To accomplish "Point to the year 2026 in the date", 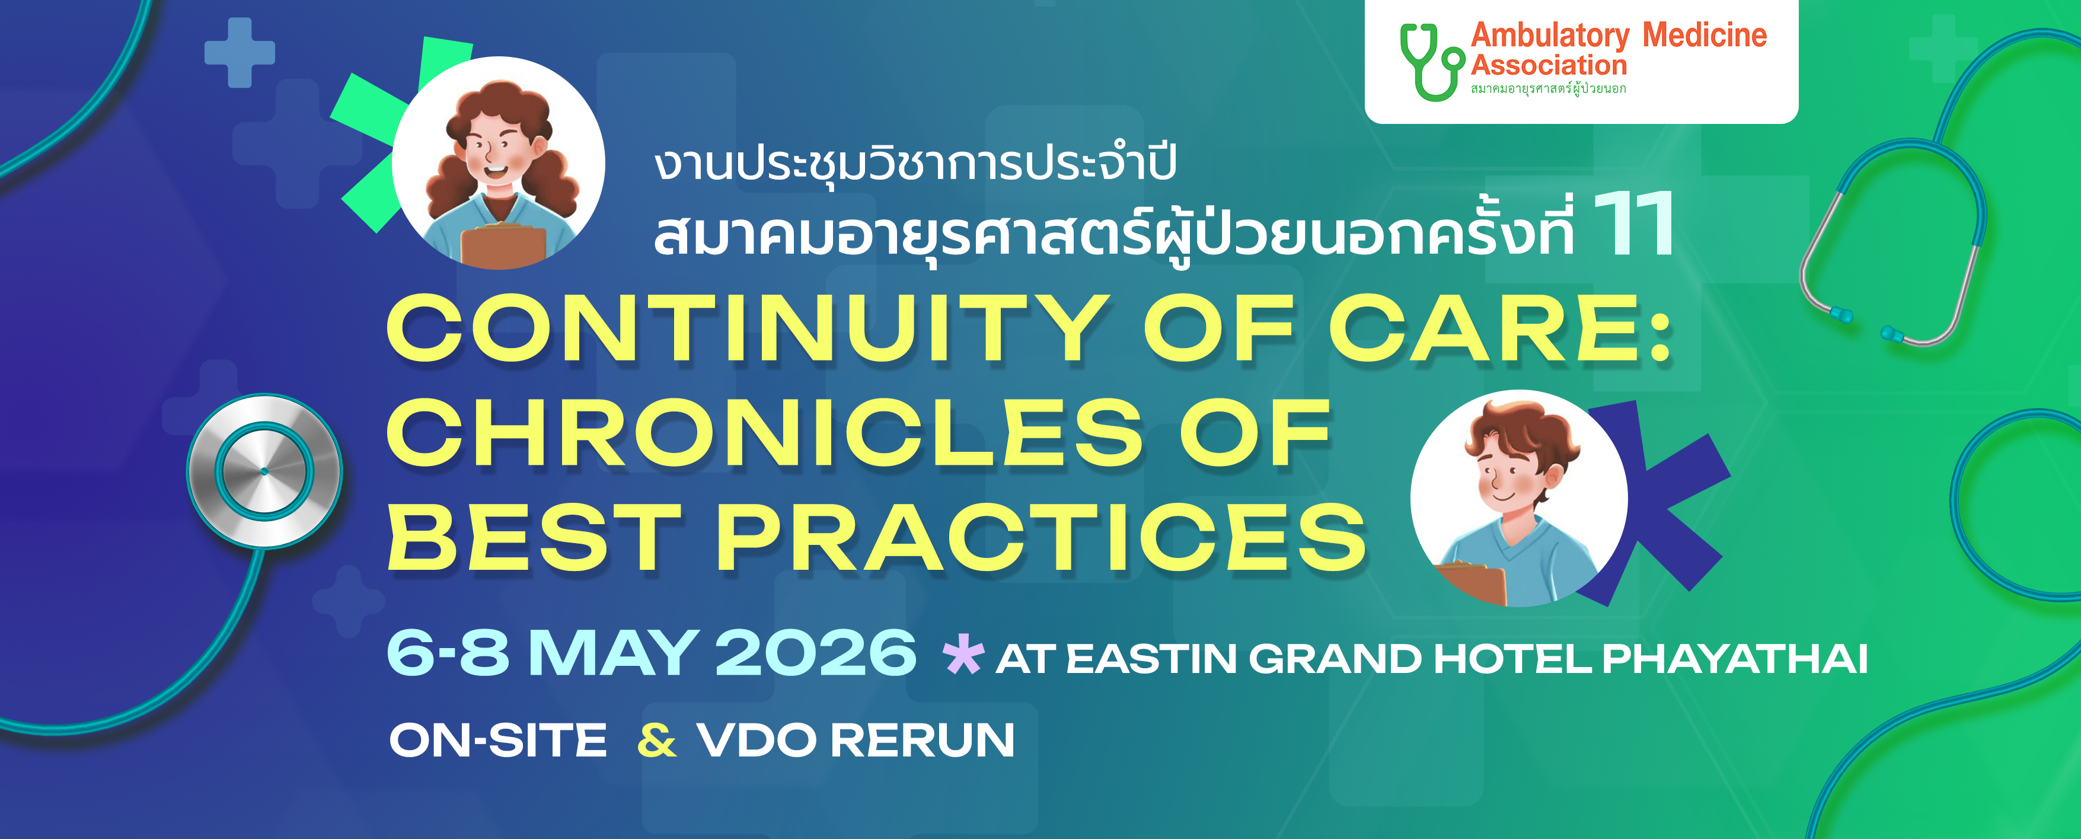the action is coord(816,652).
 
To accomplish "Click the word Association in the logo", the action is coord(1549,65).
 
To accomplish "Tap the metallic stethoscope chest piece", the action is coord(264,470).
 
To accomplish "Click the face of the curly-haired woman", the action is coord(495,153).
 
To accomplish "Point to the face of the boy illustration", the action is coord(1507,473).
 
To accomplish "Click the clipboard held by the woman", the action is coord(503,245).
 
